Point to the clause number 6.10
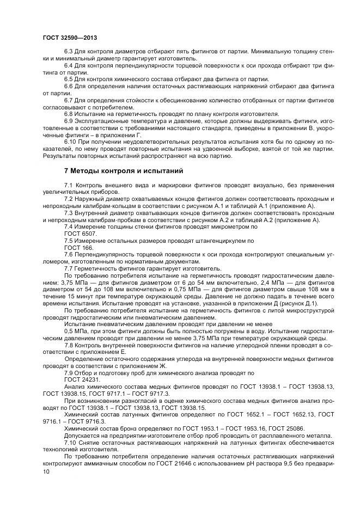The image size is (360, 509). point(71,142)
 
